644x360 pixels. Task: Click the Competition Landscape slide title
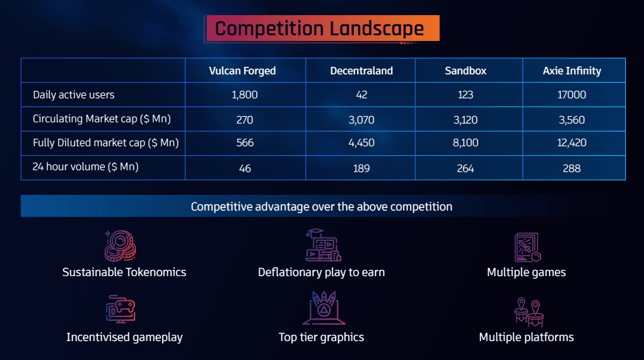click(x=319, y=29)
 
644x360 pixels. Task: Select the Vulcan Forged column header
click(x=242, y=71)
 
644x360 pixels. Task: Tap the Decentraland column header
click(x=361, y=71)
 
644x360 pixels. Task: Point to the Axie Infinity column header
click(x=571, y=71)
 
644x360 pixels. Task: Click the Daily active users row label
click(x=74, y=95)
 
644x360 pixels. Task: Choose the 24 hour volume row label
click(x=85, y=166)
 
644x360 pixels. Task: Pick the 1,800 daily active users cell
click(x=245, y=95)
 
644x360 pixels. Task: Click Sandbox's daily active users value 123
click(x=465, y=95)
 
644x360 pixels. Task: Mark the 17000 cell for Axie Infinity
click(x=571, y=95)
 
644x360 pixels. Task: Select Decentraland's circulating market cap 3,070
click(x=361, y=120)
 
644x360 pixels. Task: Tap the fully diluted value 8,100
click(x=465, y=143)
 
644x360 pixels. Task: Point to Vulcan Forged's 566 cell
click(x=245, y=143)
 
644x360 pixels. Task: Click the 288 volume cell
click(x=571, y=168)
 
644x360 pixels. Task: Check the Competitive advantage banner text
click(x=322, y=206)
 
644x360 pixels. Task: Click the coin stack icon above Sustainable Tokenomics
click(x=120, y=245)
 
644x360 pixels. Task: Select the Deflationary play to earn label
click(x=321, y=272)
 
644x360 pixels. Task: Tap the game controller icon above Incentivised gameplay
click(x=120, y=309)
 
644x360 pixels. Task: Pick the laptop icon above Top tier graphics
click(x=324, y=308)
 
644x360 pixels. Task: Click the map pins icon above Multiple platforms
click(x=529, y=311)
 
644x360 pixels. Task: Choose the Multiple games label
click(x=526, y=272)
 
